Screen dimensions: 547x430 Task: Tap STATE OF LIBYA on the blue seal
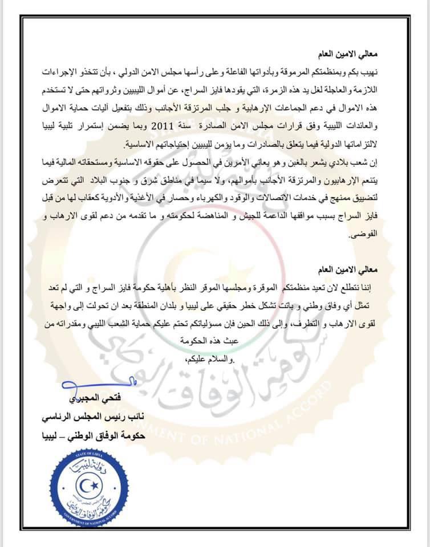point(84,462)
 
